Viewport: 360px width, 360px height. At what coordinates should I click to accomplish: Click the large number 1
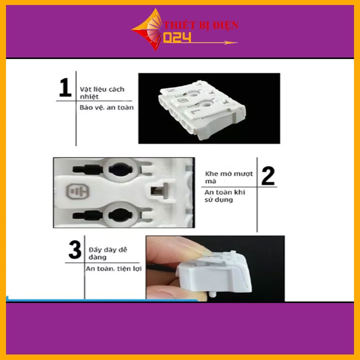(x=65, y=86)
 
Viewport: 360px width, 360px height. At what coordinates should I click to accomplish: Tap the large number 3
(x=75, y=250)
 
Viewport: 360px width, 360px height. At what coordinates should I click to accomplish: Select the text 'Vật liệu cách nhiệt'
(x=101, y=93)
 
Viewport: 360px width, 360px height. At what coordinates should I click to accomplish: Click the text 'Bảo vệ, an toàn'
(x=106, y=107)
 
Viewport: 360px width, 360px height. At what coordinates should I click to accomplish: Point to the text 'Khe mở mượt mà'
(x=229, y=177)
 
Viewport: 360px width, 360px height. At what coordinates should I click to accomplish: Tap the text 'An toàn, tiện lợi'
(x=113, y=268)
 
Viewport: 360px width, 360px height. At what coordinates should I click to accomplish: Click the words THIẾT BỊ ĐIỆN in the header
(x=201, y=25)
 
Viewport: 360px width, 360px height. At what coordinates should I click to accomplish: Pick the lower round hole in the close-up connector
(x=120, y=214)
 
